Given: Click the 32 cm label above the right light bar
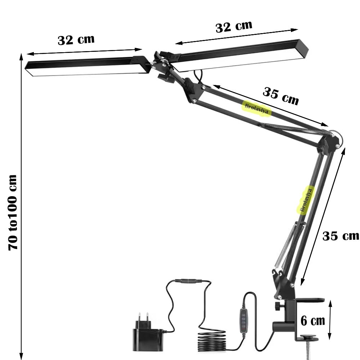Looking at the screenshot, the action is click(x=234, y=27).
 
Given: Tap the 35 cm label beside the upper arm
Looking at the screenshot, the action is click(x=280, y=96).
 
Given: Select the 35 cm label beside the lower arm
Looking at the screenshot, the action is click(x=341, y=236).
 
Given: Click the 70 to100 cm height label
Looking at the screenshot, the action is click(x=13, y=212).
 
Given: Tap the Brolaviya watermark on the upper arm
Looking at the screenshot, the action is click(x=256, y=109).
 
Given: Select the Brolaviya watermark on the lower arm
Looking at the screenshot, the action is click(x=306, y=200).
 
